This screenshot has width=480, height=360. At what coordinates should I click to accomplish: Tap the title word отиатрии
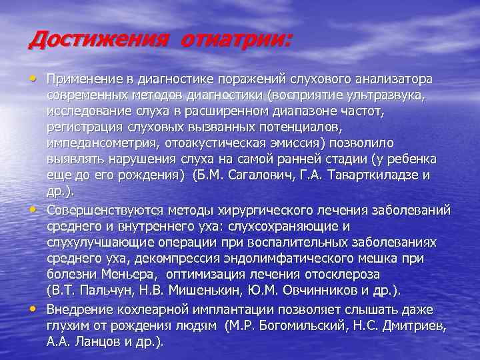coord(236,39)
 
